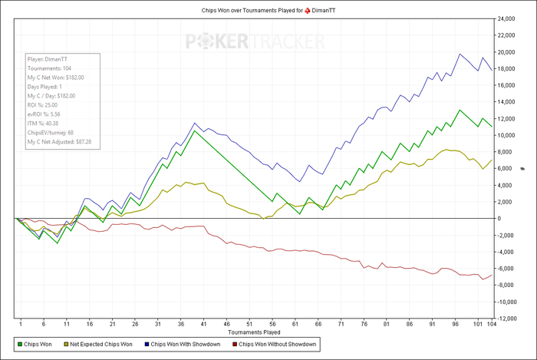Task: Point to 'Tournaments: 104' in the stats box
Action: [x=49, y=68]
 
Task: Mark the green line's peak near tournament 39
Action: [x=195, y=131]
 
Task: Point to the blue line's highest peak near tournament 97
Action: [x=460, y=54]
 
